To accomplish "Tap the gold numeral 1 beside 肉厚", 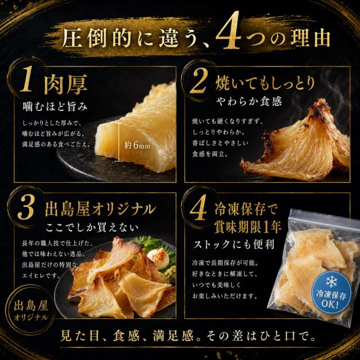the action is click(x=26, y=79).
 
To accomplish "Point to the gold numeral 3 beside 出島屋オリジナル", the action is click(x=26, y=208).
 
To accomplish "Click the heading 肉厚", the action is click(x=66, y=84).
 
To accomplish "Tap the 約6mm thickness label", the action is click(x=137, y=145).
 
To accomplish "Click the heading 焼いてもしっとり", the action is click(x=265, y=83).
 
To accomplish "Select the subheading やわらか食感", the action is click(x=249, y=101).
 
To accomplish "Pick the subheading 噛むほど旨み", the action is click(x=55, y=107).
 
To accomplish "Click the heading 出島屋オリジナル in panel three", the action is click(x=100, y=209).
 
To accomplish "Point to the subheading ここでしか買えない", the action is click(x=92, y=227).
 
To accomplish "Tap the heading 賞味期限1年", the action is click(x=247, y=227).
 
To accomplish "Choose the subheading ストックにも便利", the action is click(x=234, y=244).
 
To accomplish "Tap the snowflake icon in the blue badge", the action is click(x=331, y=282).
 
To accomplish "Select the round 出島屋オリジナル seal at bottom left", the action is click(x=30, y=309).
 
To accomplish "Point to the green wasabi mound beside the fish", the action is click(x=171, y=274).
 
